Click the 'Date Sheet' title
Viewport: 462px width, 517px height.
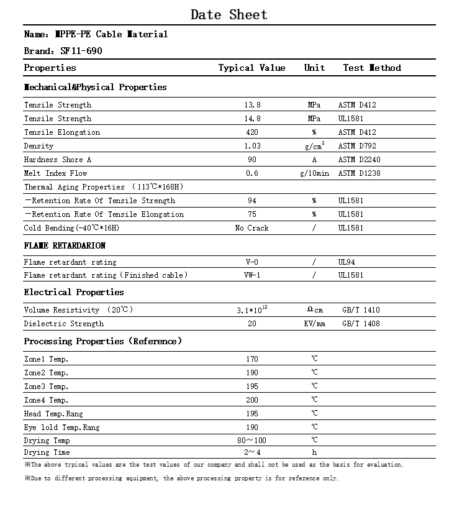click(x=229, y=15)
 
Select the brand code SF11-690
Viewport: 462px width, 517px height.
click(x=81, y=51)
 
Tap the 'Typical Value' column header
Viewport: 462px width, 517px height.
click(x=251, y=68)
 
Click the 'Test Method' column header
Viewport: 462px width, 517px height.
click(x=372, y=68)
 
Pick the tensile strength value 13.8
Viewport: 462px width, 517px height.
click(x=252, y=105)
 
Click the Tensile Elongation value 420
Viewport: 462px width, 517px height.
click(x=252, y=132)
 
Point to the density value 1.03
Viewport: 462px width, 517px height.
click(x=252, y=146)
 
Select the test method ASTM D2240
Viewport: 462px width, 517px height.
click(x=357, y=160)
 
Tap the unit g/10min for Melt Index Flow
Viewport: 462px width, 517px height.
click(x=314, y=173)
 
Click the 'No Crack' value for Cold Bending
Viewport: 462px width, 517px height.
click(x=252, y=228)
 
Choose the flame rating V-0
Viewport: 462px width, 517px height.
click(x=252, y=262)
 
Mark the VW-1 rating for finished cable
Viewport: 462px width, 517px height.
click(x=252, y=275)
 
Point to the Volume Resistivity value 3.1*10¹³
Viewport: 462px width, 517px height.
click(x=252, y=309)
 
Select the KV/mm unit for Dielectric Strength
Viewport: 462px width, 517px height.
click(x=314, y=324)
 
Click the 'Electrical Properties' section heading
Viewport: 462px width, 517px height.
click(x=74, y=292)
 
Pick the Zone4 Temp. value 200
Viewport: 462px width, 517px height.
click(x=252, y=400)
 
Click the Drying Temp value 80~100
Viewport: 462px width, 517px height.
click(x=252, y=441)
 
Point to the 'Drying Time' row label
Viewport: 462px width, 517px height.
click(x=47, y=452)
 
